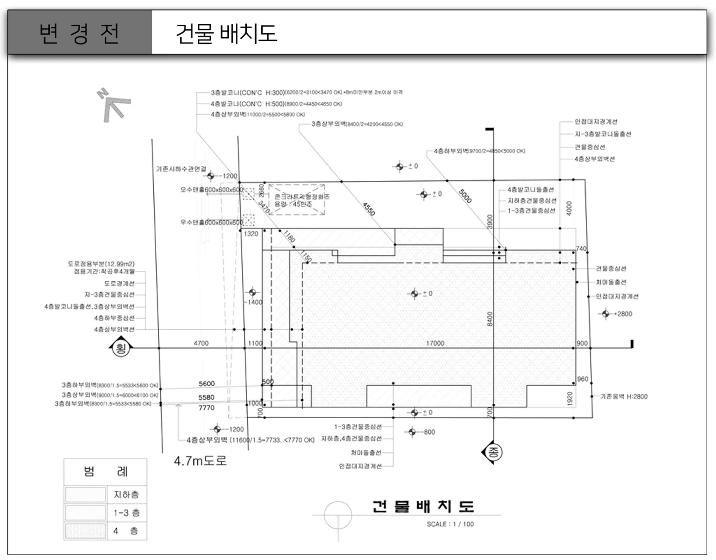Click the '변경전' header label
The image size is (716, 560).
coord(79,33)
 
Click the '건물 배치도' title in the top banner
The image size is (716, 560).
coord(226,33)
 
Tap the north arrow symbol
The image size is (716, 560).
coord(114,105)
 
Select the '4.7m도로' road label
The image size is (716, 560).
coord(200,461)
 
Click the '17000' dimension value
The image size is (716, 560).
coord(435,343)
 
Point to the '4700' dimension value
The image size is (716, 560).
coord(201,343)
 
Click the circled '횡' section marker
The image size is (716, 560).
coord(120,348)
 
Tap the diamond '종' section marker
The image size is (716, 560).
coord(492,452)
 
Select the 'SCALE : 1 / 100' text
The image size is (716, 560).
coord(450,524)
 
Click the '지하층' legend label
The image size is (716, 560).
coord(126,494)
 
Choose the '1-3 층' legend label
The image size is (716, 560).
coord(126,513)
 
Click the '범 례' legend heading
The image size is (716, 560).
coord(105,471)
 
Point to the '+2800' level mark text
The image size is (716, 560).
coord(623,314)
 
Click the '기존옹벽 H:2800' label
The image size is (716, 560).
coord(624,396)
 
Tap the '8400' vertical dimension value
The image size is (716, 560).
coord(490,319)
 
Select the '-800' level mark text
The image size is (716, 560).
coord(428,432)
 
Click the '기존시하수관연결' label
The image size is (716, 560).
coord(181,169)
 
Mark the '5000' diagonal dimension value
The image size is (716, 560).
coord(465,196)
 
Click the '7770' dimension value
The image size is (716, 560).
coord(207,408)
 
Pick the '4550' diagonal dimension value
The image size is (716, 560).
coord(369,209)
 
